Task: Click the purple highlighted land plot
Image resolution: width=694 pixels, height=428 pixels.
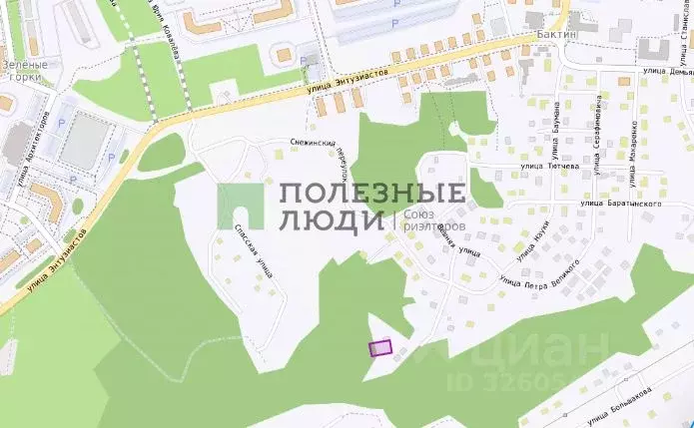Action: [380, 348]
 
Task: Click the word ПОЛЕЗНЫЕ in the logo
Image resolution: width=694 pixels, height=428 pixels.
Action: [371, 193]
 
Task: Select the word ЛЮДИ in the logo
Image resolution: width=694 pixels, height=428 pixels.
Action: [331, 221]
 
